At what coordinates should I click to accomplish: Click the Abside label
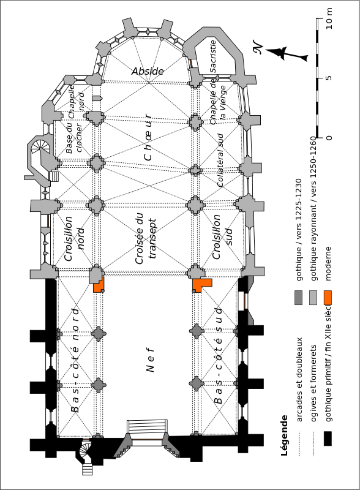click(148, 71)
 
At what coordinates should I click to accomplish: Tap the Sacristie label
click(213, 56)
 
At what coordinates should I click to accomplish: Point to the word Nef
click(151, 360)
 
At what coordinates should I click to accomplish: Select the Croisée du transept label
click(146, 238)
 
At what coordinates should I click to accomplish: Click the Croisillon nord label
click(74, 238)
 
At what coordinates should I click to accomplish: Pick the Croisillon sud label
click(222, 236)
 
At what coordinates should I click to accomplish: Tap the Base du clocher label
click(73, 137)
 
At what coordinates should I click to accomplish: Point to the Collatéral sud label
click(220, 160)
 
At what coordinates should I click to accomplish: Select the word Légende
click(283, 435)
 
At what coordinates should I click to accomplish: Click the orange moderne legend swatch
click(328, 298)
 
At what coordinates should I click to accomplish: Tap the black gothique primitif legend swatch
click(328, 439)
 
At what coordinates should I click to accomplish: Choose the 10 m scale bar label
click(329, 19)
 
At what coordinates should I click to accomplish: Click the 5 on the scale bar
click(328, 78)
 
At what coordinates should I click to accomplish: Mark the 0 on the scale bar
click(328, 137)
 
